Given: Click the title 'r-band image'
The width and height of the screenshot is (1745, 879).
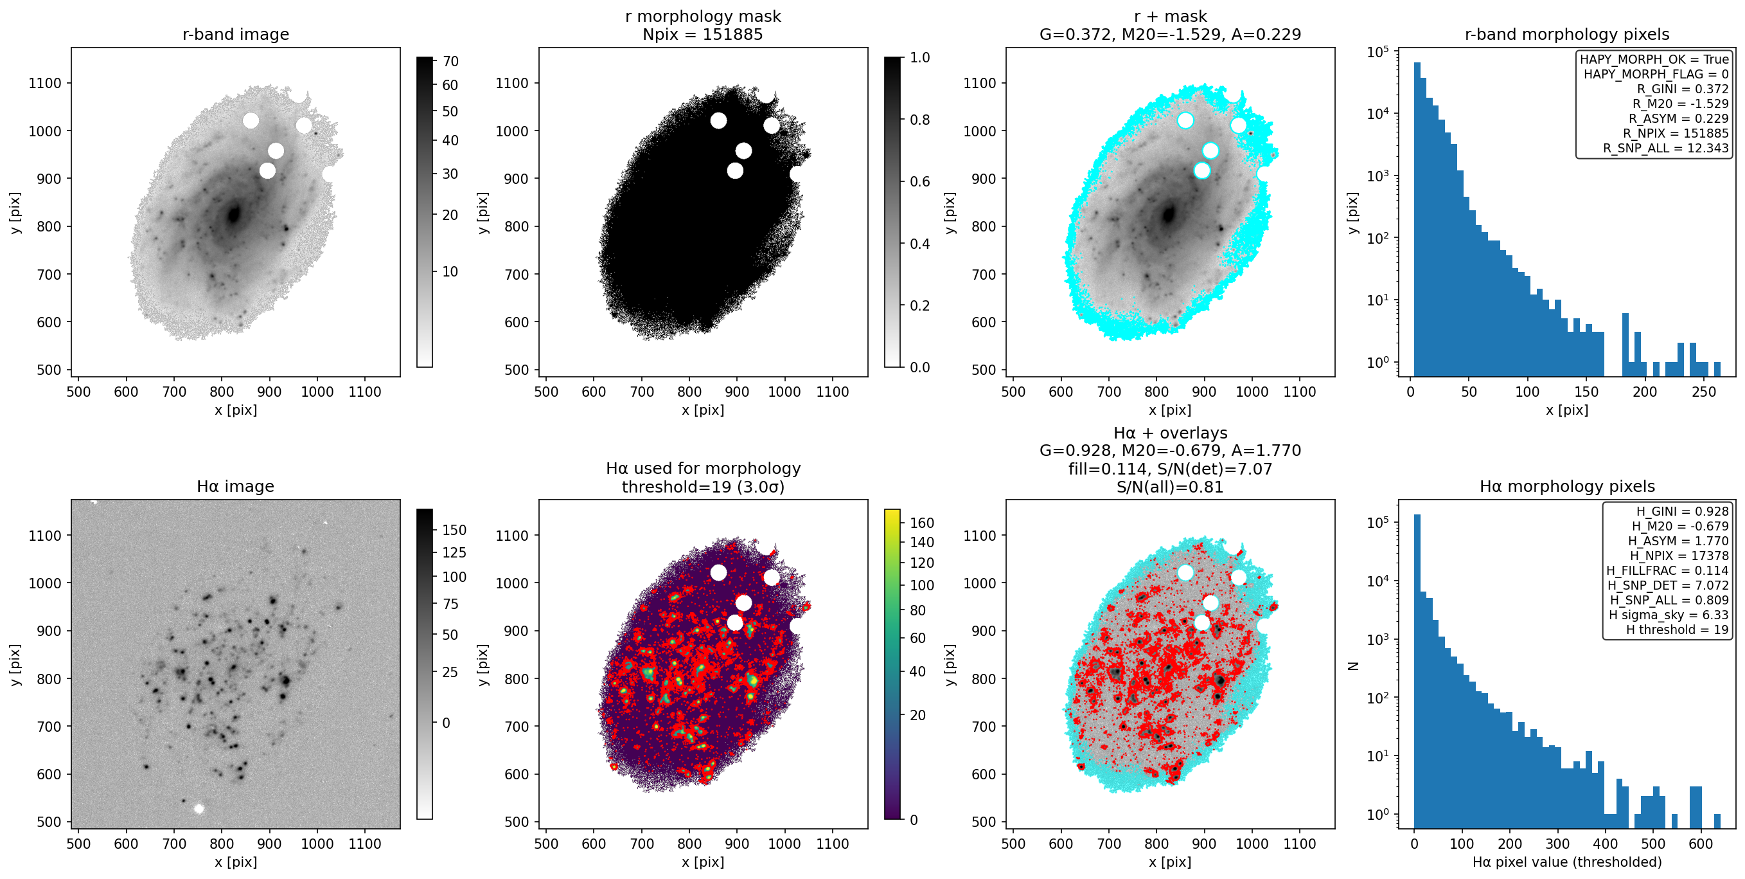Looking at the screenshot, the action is click(236, 35).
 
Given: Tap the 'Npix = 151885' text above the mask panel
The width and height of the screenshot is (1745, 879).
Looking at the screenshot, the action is click(702, 35).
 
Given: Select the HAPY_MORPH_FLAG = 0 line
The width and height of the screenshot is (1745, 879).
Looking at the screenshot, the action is click(1656, 74).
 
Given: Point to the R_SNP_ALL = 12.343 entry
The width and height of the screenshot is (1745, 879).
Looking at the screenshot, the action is click(1666, 148).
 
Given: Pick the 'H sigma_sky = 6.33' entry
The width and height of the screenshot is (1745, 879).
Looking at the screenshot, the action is click(1669, 615).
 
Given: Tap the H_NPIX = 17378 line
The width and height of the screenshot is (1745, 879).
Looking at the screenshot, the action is click(1679, 556).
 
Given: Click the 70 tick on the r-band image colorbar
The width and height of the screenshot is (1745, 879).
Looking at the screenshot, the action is click(450, 61).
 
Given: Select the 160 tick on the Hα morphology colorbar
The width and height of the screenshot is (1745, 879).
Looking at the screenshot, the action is click(922, 523).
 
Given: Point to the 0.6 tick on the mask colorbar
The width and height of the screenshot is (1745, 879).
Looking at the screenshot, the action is click(920, 181).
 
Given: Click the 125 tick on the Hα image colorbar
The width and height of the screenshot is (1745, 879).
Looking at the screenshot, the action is click(454, 552).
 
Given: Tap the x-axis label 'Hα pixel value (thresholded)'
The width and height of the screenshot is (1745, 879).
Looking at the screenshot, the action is click(1567, 862).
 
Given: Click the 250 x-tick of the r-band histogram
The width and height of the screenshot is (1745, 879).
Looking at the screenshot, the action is click(1704, 392).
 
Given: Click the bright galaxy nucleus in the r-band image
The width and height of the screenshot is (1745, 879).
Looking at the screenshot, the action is click(234, 215).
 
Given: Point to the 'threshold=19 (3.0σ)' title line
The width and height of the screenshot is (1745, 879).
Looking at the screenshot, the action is click(703, 487).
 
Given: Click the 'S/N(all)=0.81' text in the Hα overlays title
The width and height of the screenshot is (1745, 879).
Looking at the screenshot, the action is click(1170, 487).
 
